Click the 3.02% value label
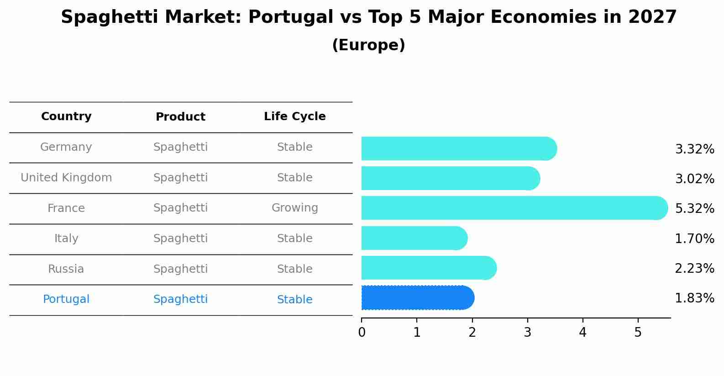[694, 179]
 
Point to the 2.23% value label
[694, 268]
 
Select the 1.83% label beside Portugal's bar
[694, 298]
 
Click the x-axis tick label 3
[527, 333]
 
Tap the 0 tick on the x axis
[362, 333]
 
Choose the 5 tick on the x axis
[638, 333]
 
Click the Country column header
[66, 117]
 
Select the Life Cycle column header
[294, 117]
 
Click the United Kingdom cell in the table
[66, 178]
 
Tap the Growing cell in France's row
[294, 208]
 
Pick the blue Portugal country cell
[66, 299]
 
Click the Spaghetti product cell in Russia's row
[180, 269]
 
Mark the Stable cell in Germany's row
[294, 147]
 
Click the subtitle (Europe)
[368, 45]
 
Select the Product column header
[180, 117]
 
